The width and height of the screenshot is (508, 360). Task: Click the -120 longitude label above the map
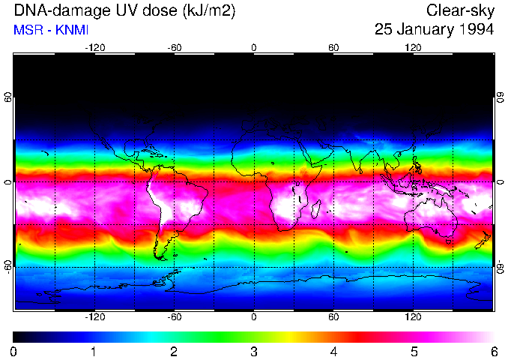(94, 48)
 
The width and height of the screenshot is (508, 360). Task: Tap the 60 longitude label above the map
(333, 48)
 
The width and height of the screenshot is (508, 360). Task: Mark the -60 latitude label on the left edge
(8, 266)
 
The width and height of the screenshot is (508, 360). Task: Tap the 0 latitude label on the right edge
(500, 182)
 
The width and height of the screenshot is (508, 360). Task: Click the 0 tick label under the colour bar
(14, 352)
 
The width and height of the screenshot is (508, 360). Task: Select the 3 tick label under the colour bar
(254, 352)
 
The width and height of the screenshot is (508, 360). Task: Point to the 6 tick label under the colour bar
(493, 352)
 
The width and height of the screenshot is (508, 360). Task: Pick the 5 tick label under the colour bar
(414, 352)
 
